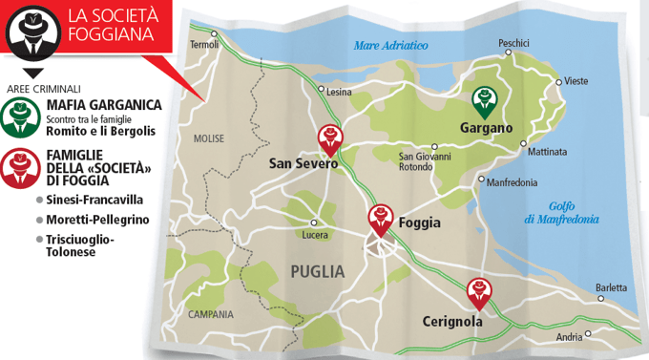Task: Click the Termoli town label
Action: coord(204,45)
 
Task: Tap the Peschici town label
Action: coord(513,43)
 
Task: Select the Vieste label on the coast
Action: coord(577,82)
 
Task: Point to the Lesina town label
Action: coord(339,93)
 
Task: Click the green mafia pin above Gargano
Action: coord(486,99)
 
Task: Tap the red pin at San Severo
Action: coord(330,138)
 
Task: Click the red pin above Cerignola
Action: coord(476,289)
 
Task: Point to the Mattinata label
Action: coord(547,152)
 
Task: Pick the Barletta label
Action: coord(611,287)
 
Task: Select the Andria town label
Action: coord(569,337)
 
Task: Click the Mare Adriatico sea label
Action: coord(390,46)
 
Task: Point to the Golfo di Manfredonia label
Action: coord(561,213)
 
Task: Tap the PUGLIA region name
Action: coord(317,272)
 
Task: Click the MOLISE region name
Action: coord(208,138)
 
